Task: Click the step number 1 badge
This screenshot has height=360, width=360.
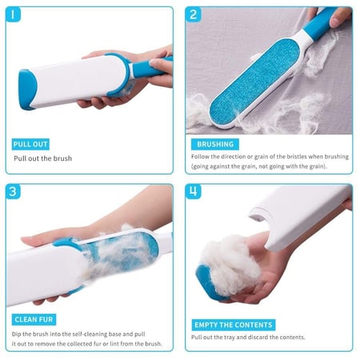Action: click(13, 14)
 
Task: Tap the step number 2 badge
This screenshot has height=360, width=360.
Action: click(193, 14)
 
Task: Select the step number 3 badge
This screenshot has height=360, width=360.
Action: click(13, 191)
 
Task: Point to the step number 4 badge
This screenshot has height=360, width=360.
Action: click(193, 191)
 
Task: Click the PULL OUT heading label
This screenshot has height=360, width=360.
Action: click(30, 144)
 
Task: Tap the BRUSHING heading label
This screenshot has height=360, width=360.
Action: click(215, 144)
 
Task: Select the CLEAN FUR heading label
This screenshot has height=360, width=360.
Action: click(34, 319)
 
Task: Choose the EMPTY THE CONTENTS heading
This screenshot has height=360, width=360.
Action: click(234, 325)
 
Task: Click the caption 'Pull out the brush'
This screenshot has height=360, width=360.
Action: click(42, 158)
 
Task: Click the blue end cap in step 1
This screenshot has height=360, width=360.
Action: click(26, 90)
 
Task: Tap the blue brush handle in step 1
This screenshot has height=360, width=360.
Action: click(150, 68)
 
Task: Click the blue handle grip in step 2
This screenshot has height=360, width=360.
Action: click(318, 24)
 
